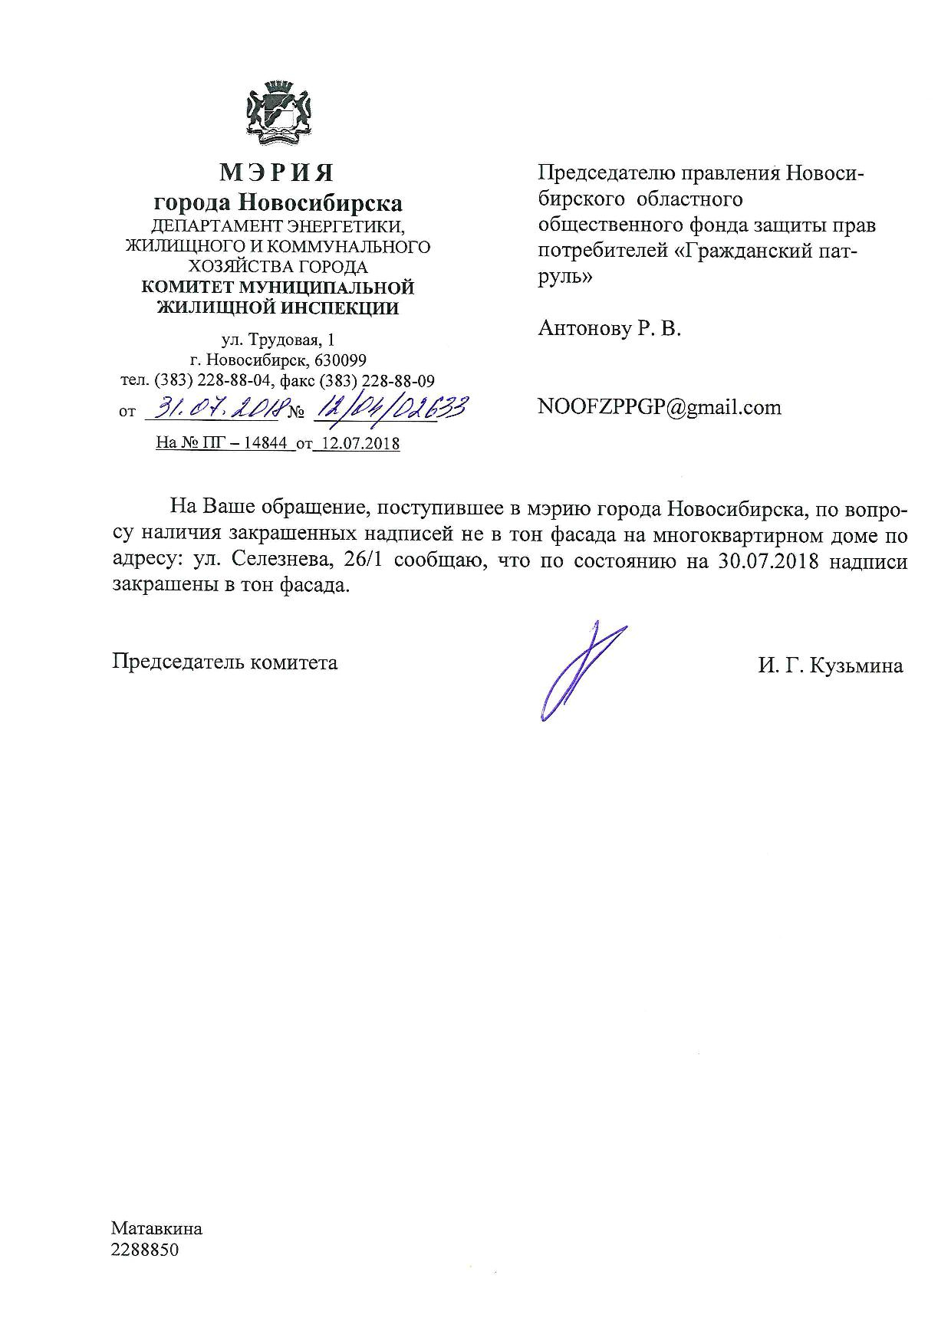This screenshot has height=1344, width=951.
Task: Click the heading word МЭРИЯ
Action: [x=277, y=173]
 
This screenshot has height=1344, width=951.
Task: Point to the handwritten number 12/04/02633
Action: [x=387, y=409]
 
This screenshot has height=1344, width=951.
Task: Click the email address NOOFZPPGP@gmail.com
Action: [x=660, y=407]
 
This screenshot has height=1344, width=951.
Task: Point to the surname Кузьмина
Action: [x=857, y=666]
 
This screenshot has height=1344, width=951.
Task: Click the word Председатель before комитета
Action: [x=178, y=662]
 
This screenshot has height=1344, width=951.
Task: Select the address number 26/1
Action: [x=369, y=561]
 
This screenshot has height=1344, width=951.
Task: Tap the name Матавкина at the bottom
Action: [x=156, y=1228]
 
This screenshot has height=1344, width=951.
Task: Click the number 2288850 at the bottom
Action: [x=144, y=1250]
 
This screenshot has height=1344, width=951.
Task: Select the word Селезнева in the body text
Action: [x=281, y=561]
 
